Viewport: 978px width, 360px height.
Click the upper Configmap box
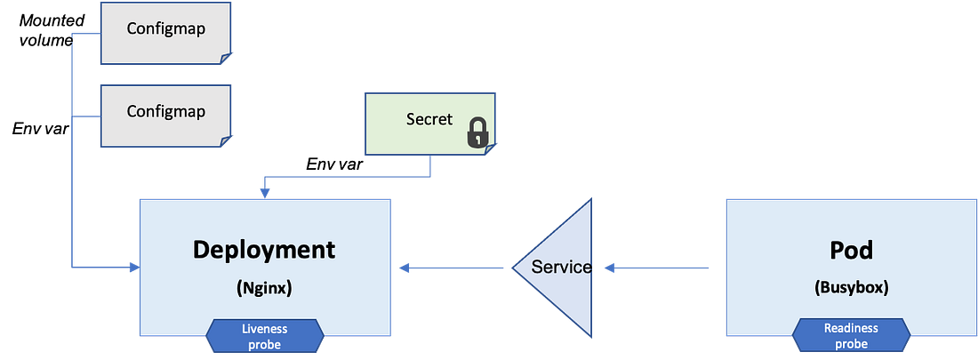click(165, 32)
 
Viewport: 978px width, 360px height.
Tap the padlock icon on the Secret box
click(477, 134)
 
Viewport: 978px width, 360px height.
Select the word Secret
click(429, 119)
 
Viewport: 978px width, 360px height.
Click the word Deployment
click(264, 249)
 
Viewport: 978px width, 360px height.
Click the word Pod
click(851, 250)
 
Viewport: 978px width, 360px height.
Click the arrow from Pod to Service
click(658, 266)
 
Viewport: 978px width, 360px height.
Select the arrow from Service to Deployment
click(453, 266)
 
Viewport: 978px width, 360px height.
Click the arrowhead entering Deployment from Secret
click(262, 190)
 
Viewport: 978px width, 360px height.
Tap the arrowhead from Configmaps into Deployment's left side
click(132, 266)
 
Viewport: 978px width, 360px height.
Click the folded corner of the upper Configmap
click(226, 59)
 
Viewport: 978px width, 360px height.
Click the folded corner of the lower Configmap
click(226, 141)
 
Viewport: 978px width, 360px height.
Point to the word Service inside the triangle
click(561, 267)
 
